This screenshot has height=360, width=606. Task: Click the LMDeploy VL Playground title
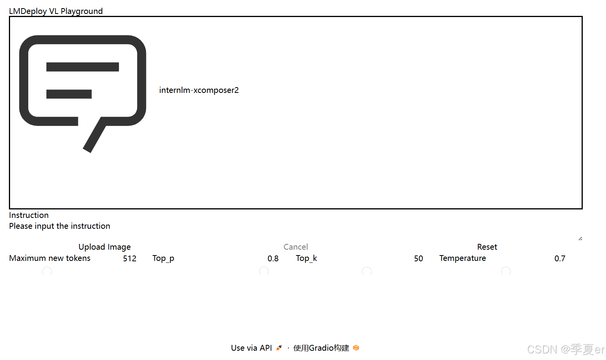(56, 11)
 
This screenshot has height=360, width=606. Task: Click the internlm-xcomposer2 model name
(199, 90)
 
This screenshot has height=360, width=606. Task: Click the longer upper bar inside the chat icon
(82, 67)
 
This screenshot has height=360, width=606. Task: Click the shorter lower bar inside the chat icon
(69, 94)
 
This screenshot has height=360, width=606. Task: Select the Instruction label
(29, 215)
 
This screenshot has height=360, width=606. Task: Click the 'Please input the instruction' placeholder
(60, 226)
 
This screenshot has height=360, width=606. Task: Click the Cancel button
(296, 247)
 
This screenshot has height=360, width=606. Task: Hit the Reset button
(487, 247)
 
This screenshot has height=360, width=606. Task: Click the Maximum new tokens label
(50, 258)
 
